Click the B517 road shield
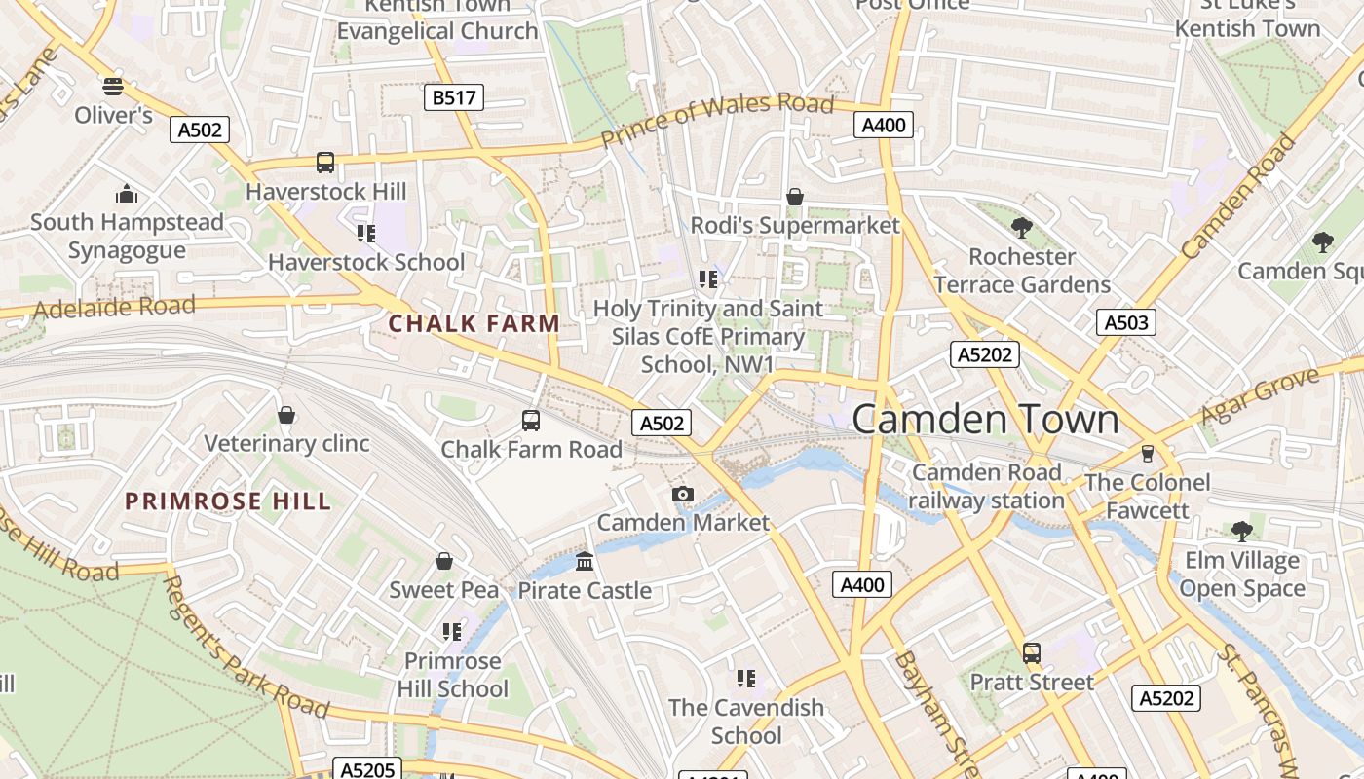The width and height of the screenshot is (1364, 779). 454,97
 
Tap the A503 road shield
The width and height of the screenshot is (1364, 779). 1125,322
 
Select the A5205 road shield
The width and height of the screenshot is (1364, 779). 367,770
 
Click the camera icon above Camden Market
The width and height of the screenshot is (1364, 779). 683,495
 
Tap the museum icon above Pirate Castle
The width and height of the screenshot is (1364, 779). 585,561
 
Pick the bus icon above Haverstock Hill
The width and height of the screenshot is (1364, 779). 325,163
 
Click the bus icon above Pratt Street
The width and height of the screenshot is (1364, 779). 1031,653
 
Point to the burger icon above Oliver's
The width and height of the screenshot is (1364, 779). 113,86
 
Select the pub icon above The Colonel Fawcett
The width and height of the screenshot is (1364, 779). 1148,454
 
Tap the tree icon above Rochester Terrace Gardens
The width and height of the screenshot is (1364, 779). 1021,229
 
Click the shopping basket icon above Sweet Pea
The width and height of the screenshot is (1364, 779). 444,561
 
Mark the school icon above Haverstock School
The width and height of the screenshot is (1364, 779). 366,233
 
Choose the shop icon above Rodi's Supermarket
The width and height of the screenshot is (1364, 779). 795,197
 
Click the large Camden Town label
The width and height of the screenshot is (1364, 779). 985,419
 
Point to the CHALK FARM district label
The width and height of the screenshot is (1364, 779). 474,323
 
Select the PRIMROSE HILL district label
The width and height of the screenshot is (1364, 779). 228,501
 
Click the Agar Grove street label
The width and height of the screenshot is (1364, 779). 1259,395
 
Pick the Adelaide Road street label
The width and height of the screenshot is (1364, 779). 114,308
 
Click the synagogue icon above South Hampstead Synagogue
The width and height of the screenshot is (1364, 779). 126,194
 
